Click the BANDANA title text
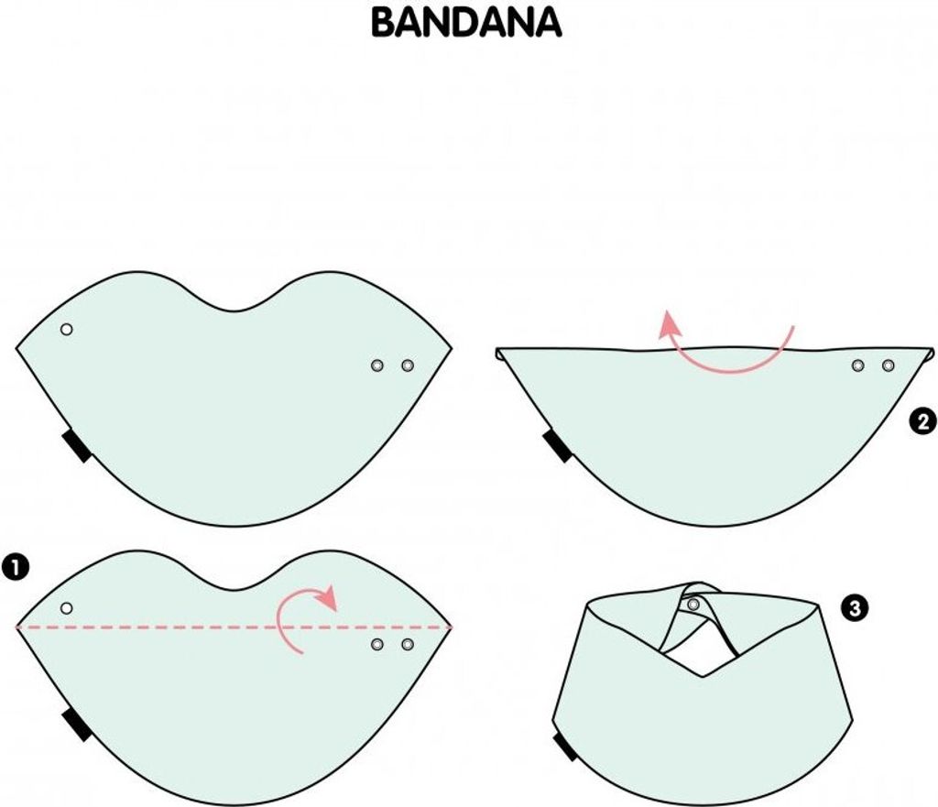point(466,23)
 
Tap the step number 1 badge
point(16,567)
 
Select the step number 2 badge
point(922,421)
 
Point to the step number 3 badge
point(855,608)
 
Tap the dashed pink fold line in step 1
point(234,627)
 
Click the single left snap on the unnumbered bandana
point(66,329)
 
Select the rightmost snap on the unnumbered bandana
point(408,365)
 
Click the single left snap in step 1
point(66,608)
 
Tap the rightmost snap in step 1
point(408,644)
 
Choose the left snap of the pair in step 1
point(376,644)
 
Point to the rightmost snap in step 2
point(889,365)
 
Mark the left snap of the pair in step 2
point(857,365)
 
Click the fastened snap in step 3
point(693,605)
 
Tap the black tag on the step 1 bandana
point(77,725)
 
